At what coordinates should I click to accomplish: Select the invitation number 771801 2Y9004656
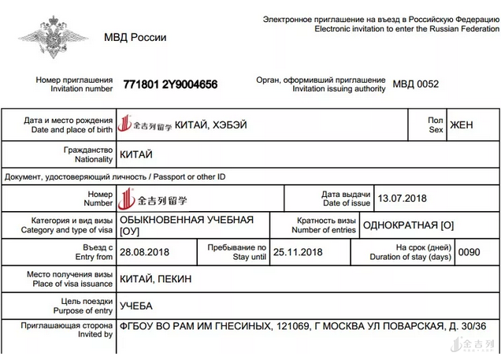pyautogui.click(x=170, y=84)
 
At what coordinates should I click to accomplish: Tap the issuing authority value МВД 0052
pyautogui.click(x=416, y=84)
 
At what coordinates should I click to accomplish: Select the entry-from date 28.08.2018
pyautogui.click(x=146, y=252)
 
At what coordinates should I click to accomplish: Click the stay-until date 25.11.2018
pyautogui.click(x=298, y=252)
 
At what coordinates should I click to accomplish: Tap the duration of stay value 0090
pyautogui.click(x=469, y=252)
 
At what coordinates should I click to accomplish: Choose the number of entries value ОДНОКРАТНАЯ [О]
pyautogui.click(x=408, y=225)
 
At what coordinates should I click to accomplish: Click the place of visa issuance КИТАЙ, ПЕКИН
pyautogui.click(x=155, y=279)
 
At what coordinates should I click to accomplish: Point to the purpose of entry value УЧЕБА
pyautogui.click(x=136, y=306)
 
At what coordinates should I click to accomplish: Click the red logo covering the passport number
pyautogui.click(x=154, y=200)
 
